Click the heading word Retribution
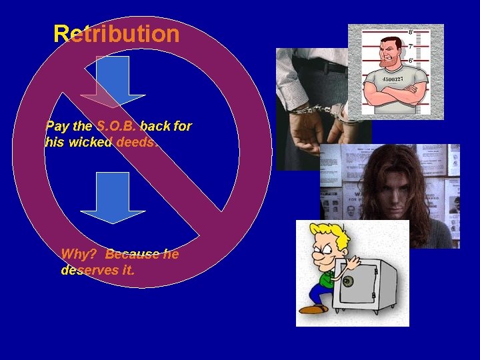pyautogui.click(x=117, y=33)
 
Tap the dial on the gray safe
pyautogui.click(x=347, y=281)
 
